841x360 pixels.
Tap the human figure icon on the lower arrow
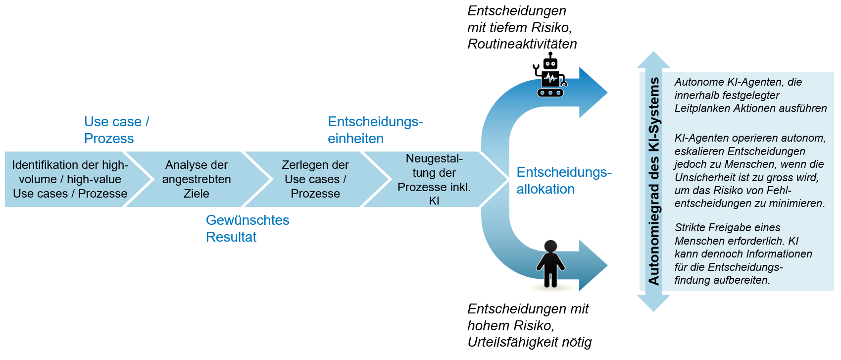pyautogui.click(x=550, y=264)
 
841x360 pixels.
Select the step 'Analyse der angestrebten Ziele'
pyautogui.click(x=197, y=179)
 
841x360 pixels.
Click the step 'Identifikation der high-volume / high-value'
pyautogui.click(x=70, y=179)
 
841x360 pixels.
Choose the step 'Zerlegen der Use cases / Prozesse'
pyautogui.click(x=315, y=179)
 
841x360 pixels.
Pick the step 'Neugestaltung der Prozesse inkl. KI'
pyautogui.click(x=434, y=179)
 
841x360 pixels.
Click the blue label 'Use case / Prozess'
pyautogui.click(x=116, y=130)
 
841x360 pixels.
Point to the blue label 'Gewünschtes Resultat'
pyautogui.click(x=247, y=228)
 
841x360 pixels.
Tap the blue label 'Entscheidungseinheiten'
pyautogui.click(x=375, y=130)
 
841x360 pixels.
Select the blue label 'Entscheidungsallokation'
pyautogui.click(x=564, y=181)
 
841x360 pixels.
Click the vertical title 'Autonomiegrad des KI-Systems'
pyautogui.click(x=654, y=181)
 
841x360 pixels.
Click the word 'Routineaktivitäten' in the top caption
pyautogui.click(x=522, y=44)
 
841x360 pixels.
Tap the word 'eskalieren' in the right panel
pyautogui.click(x=696, y=152)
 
